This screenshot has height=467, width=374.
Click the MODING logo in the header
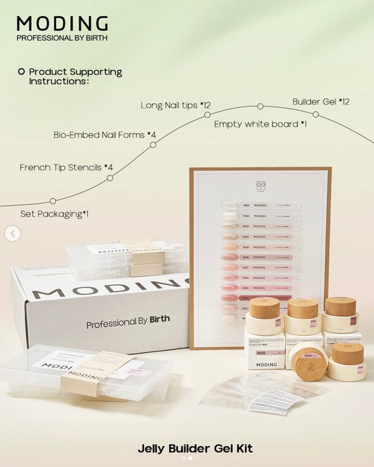tap(62, 25)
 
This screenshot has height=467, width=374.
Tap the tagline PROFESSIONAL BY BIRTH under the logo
tap(62, 38)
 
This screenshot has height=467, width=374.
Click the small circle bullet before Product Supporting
tap(21, 71)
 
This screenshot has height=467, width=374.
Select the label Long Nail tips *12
tap(175, 105)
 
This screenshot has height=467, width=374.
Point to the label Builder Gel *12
tap(321, 102)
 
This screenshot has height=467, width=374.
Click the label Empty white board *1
tap(260, 123)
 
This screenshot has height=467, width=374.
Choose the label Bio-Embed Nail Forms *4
tap(105, 134)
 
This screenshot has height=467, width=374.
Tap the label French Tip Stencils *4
tap(66, 167)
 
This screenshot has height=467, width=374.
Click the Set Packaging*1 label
tap(54, 214)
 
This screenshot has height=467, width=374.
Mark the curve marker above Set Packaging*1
tap(53, 201)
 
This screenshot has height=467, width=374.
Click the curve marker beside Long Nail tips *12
tap(207, 114)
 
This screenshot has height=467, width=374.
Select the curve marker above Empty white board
tap(260, 106)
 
